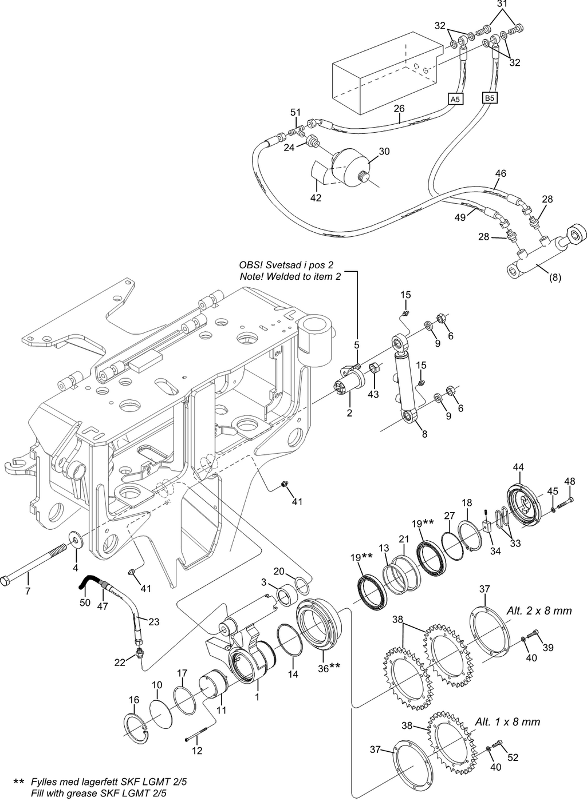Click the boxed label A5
point(455,99)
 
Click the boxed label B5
point(490,98)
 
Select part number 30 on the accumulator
point(384,151)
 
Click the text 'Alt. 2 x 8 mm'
point(539,610)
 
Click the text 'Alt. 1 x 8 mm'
point(508,721)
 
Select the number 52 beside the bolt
point(513,758)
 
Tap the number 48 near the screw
point(569,481)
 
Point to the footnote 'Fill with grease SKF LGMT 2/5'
point(99,793)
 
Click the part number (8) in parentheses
point(554,279)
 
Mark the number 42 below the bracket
point(316,197)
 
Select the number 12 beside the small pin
point(196,751)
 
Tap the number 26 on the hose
point(399,108)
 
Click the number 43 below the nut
point(373,394)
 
